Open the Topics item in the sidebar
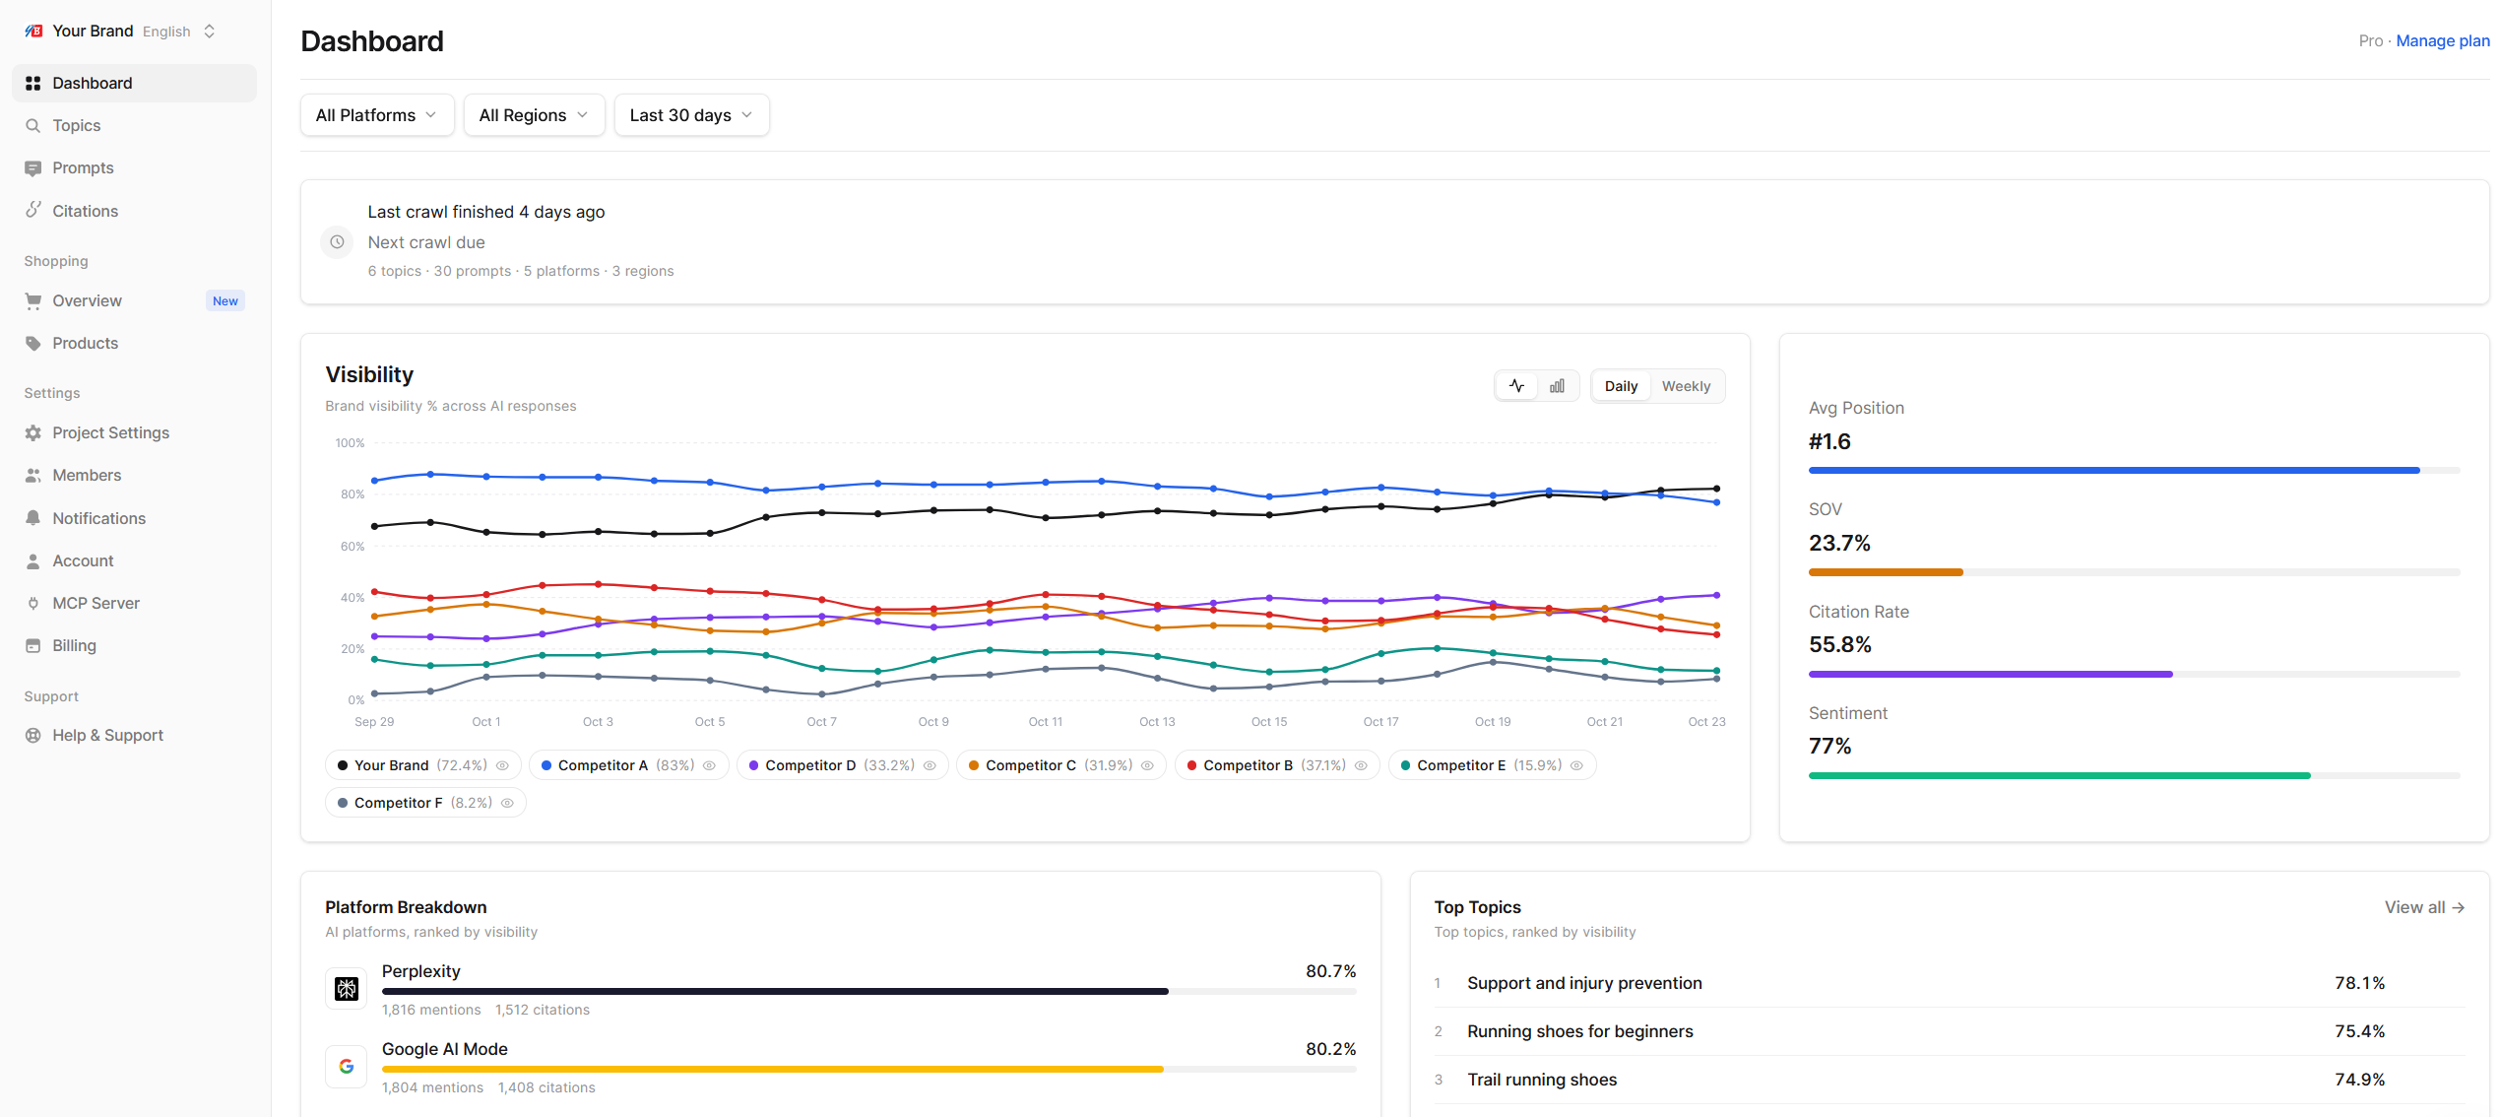77,125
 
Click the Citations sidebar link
85,211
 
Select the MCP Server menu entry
96,603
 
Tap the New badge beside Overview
225,301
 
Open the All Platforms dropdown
377,115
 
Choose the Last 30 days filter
691,115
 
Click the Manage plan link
2442,41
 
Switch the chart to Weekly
1686,386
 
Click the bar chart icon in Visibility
1557,386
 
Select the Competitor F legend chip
425,803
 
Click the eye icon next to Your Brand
502,765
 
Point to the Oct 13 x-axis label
1157,722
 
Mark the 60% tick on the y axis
353,547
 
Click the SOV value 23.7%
1839,543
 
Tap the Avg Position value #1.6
1829,441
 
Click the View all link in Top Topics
2424,907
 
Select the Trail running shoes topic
1542,1080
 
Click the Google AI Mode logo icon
347,1067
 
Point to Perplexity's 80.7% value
1331,971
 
